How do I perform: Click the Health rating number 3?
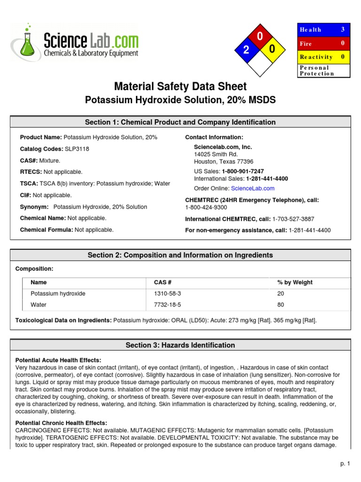tap(343, 29)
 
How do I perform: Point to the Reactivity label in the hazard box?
tap(316, 57)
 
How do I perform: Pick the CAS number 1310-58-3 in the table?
tap(167, 293)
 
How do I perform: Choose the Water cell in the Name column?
tap(39, 305)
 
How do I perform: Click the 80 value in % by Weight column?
tap(281, 305)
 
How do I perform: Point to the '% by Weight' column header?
tap(295, 282)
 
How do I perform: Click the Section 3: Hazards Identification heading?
tap(180, 345)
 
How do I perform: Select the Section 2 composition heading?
tap(180, 255)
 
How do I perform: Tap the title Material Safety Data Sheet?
tap(180, 87)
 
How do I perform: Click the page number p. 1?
tap(345, 464)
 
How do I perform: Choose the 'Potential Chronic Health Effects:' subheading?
tap(61, 423)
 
